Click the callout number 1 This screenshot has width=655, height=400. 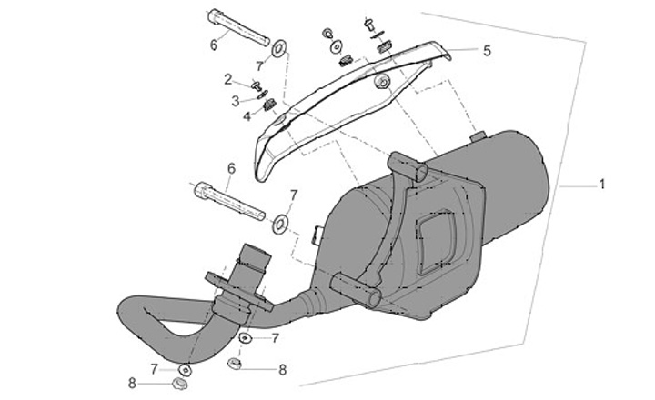tap(601, 185)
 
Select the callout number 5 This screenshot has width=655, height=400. tap(487, 51)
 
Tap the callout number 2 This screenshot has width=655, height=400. tap(228, 79)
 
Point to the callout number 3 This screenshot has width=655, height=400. tap(236, 100)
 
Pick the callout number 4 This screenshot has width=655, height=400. tap(247, 115)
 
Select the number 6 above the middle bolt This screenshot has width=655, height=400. tap(231, 167)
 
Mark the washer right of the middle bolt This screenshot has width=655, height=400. tap(279, 220)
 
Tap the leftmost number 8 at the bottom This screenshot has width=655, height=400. tap(131, 384)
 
